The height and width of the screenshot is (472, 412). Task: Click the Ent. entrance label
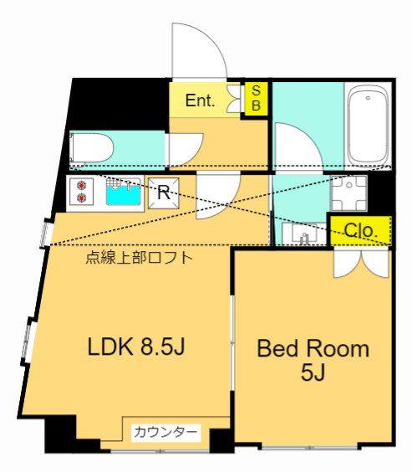click(200, 100)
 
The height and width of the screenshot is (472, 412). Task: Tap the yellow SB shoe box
click(256, 99)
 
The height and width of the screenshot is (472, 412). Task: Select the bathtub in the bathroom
click(368, 125)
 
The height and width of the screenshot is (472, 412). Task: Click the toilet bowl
click(91, 149)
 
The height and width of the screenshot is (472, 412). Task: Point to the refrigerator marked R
click(164, 193)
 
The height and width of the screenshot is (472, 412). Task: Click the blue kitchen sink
click(124, 192)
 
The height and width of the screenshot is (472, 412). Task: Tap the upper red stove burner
click(81, 186)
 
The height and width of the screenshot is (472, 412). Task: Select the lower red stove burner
click(81, 198)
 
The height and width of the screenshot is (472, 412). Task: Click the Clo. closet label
click(360, 231)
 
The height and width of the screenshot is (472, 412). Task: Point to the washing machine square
click(348, 193)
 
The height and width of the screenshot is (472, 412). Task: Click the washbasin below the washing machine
click(304, 233)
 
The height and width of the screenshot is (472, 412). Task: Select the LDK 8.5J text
click(135, 346)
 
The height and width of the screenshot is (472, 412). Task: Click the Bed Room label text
click(313, 349)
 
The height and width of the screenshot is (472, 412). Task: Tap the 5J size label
click(313, 373)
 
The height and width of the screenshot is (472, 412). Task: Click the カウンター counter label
click(165, 433)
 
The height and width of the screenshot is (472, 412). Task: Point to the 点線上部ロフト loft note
click(139, 258)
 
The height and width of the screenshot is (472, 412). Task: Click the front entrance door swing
click(199, 51)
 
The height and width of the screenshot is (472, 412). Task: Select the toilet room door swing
click(186, 150)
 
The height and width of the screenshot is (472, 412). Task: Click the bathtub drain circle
click(368, 98)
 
